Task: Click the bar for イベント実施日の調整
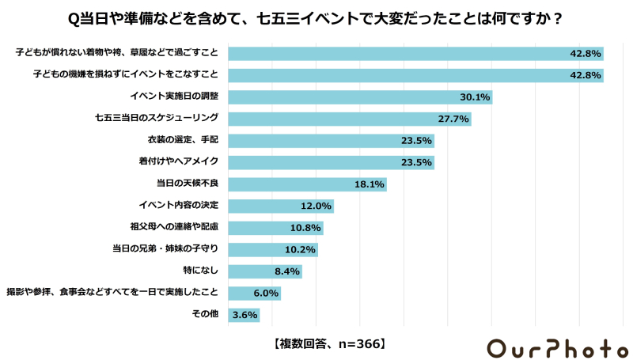[360, 97]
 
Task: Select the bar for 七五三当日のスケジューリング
[349, 119]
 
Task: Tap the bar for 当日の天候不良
[307, 184]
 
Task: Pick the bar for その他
[244, 315]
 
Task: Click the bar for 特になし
[264, 271]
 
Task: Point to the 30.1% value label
[475, 97]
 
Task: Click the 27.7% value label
[454, 119]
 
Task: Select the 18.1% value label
[369, 184]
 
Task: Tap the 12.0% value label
[316, 207]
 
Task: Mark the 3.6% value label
[244, 315]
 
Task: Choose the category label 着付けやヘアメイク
[178, 161]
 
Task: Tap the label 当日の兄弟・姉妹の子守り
[165, 248]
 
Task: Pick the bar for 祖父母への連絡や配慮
[275, 228]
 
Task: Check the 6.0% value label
[265, 294]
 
